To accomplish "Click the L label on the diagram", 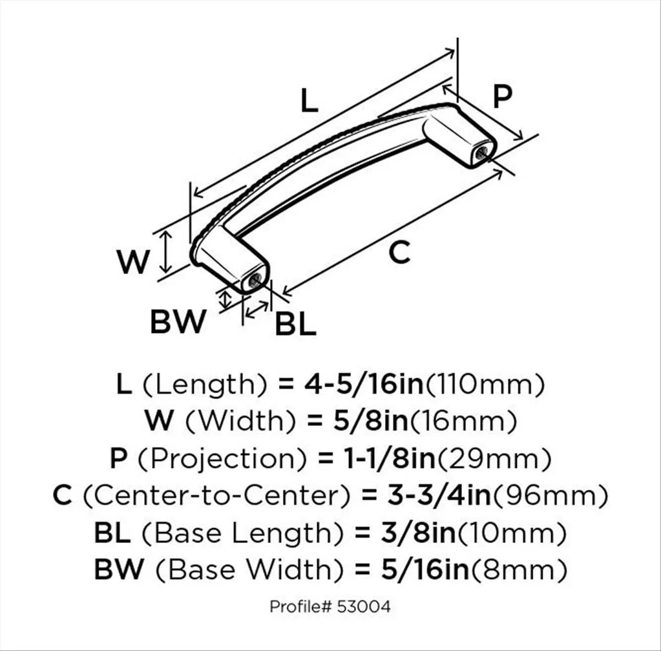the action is click(x=310, y=100).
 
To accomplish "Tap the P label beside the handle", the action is click(x=502, y=96).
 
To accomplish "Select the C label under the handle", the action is click(x=399, y=252).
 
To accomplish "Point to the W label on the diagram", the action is click(x=133, y=262).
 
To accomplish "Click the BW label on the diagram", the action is click(x=178, y=321).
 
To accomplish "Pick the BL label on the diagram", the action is click(x=295, y=324).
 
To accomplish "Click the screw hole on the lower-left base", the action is click(x=255, y=280).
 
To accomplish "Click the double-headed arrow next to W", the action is click(x=167, y=252).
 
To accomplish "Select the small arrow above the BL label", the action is click(x=257, y=310).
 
